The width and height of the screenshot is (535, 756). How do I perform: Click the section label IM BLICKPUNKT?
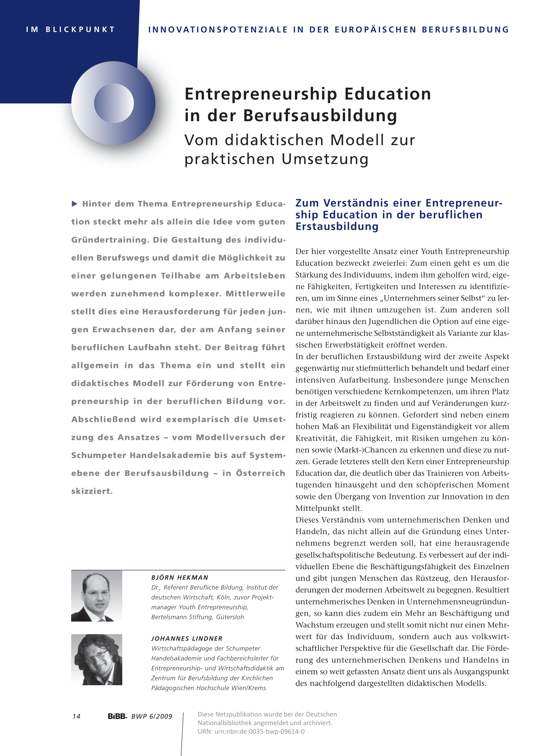click(70, 30)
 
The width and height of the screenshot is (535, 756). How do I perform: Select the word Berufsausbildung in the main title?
click(320, 116)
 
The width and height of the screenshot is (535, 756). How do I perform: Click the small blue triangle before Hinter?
click(75, 204)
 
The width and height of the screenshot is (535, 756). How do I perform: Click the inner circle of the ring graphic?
click(114, 103)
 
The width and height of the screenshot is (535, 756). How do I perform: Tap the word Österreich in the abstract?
click(260, 473)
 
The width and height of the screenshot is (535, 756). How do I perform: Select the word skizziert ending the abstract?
click(92, 491)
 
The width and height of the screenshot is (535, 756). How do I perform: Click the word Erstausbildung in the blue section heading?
click(337, 227)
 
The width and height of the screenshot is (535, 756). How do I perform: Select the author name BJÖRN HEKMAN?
click(180, 578)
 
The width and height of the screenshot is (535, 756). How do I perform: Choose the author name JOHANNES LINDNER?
click(187, 638)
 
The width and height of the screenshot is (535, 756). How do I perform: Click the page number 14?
click(76, 716)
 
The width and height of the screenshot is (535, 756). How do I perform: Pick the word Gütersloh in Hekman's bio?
click(230, 617)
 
